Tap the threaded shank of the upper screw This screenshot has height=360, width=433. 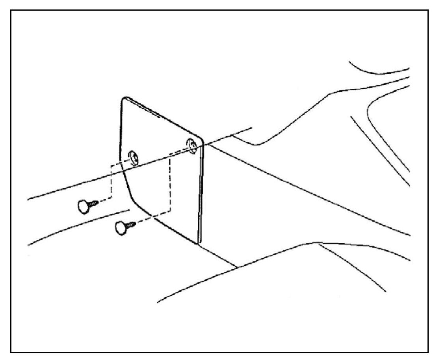tap(94, 203)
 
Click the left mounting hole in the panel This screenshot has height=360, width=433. tap(134, 158)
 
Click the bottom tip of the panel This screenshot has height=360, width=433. tap(197, 242)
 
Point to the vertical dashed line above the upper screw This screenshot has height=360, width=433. tap(112, 181)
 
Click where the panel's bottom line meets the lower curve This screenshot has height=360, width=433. tap(236, 268)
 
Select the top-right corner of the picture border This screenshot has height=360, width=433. tap(428, 11)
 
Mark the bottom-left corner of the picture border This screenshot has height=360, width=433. tap(11, 352)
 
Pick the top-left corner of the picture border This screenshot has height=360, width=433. tap(11, 11)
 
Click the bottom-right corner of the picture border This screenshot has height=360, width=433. tap(428, 352)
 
